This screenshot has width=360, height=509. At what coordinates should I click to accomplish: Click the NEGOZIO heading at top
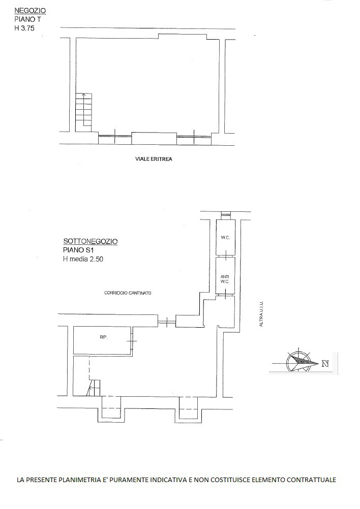30,11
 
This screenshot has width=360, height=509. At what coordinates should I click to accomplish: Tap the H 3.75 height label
24,28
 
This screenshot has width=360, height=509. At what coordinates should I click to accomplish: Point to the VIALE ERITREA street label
154,159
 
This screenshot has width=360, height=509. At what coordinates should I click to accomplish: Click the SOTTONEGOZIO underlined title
91,241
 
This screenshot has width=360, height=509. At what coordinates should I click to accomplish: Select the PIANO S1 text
78,250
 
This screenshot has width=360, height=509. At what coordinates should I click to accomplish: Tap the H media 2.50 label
83,259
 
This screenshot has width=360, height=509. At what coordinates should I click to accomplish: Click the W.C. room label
225,238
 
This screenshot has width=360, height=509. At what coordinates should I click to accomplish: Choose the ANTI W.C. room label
225,279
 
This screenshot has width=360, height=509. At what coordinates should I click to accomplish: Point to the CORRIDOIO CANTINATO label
128,293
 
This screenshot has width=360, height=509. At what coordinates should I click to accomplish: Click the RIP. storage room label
104,337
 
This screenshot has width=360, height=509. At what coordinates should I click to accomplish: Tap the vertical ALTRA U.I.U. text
261,314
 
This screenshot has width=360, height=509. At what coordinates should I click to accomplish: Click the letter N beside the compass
325,364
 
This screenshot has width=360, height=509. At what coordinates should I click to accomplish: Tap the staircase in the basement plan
93,388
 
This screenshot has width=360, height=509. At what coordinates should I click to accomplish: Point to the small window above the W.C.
226,214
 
